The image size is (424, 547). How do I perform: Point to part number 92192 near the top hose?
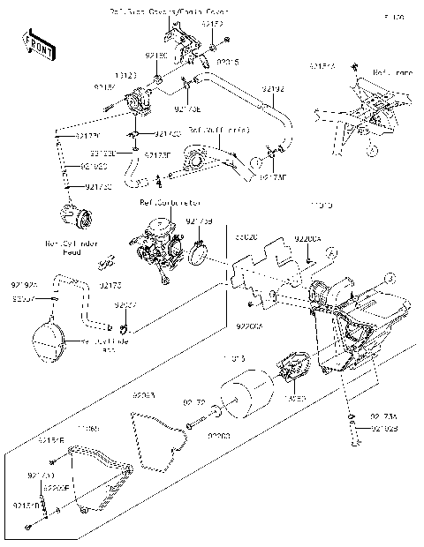pyautogui.click(x=273, y=89)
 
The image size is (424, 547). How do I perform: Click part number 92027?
pyautogui.click(x=126, y=305)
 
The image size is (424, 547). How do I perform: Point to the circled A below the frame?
pyautogui.click(x=374, y=151)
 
